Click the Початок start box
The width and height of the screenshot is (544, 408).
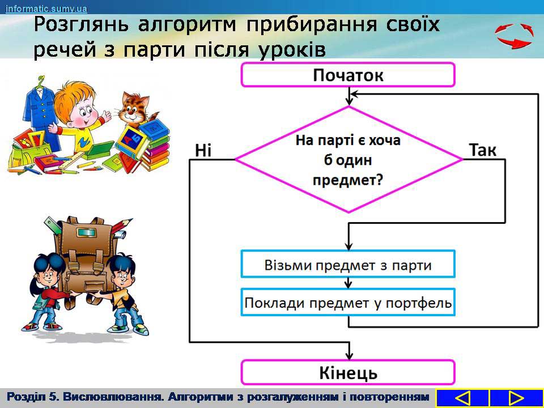point(347,75)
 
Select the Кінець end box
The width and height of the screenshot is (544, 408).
point(347,372)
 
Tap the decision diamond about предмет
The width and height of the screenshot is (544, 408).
point(348,160)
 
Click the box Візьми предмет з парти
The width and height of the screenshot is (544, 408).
point(347,264)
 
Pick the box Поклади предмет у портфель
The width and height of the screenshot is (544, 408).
point(347,302)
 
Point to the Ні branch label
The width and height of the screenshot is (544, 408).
point(203,151)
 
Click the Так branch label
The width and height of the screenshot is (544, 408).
point(483,150)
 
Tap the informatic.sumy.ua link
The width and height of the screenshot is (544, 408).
point(46,8)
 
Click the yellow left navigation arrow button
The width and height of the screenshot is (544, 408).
point(462,398)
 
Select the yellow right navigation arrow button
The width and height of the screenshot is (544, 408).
point(516,398)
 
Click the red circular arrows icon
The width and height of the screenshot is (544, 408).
point(514,35)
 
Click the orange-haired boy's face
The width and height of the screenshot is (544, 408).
point(83,113)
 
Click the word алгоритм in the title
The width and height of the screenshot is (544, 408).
point(187,24)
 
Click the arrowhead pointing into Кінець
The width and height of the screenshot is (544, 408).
point(350,356)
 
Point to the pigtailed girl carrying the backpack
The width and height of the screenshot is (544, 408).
point(49,291)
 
